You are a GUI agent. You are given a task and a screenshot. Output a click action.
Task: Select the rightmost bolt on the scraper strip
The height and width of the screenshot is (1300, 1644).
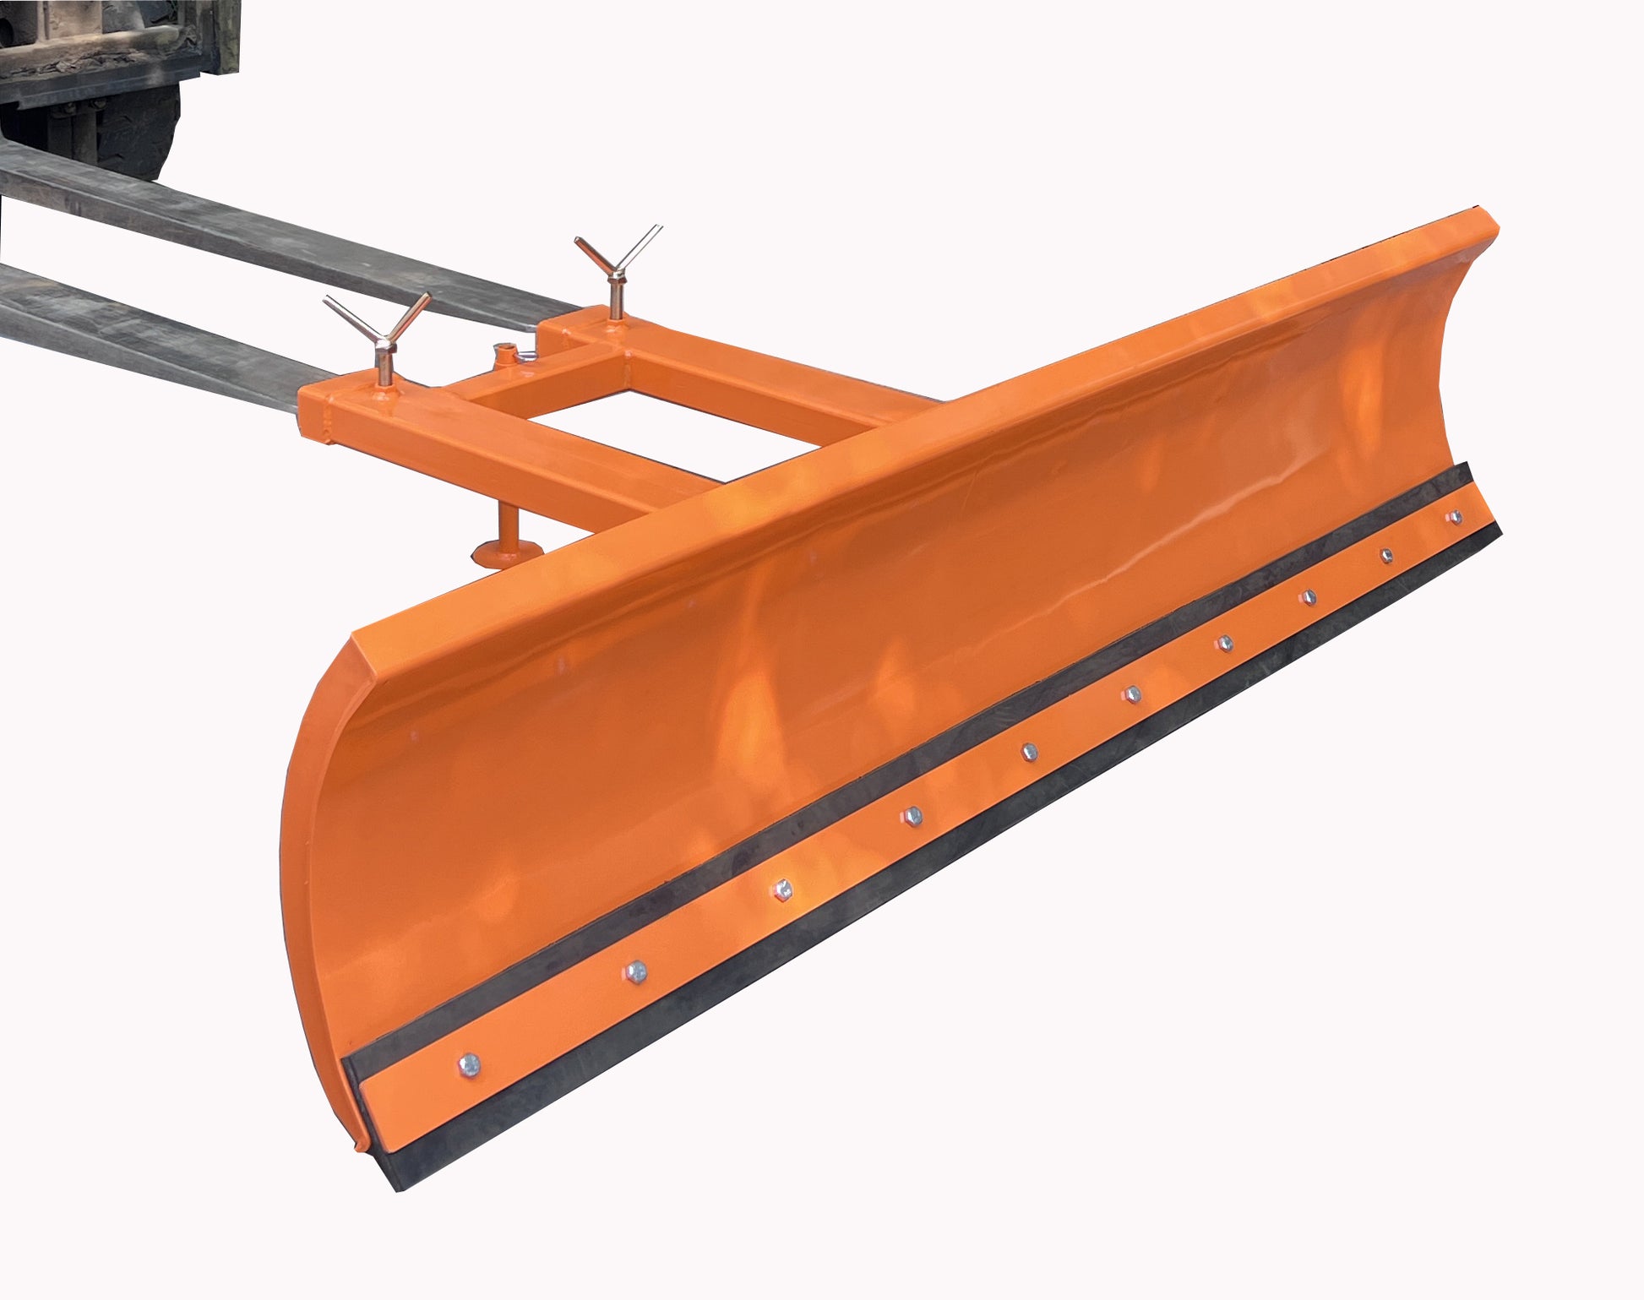point(1454,517)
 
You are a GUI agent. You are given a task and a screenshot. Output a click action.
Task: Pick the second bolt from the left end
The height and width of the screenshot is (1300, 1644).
point(636,971)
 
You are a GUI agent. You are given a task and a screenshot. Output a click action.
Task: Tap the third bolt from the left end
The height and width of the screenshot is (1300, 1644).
point(783,889)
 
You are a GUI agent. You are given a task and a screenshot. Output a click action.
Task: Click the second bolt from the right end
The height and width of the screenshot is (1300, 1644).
point(1386,555)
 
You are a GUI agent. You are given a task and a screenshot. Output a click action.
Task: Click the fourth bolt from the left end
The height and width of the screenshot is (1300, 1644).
point(912,815)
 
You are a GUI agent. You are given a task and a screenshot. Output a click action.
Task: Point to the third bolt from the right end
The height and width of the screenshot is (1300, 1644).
point(1308,598)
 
